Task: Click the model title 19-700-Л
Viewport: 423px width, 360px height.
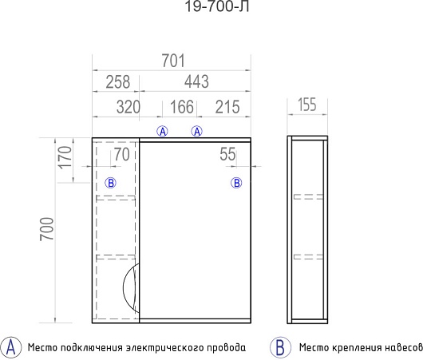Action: pyautogui.click(x=216, y=6)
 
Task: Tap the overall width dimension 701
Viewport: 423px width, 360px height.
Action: pyautogui.click(x=173, y=61)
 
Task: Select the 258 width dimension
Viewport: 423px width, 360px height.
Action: pyautogui.click(x=117, y=81)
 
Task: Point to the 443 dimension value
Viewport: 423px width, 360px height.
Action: pyautogui.click(x=196, y=81)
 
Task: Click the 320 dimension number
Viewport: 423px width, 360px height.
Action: pyautogui.click(x=128, y=107)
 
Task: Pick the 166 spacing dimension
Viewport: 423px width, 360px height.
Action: pyautogui.click(x=182, y=107)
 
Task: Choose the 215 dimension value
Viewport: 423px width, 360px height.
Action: pyautogui.click(x=227, y=107)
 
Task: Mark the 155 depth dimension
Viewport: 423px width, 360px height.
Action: pyautogui.click(x=307, y=105)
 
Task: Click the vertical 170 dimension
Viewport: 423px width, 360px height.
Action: pyautogui.click(x=65, y=157)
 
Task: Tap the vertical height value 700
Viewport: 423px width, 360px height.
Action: pyautogui.click(x=47, y=229)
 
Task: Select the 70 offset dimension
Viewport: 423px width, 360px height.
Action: pyautogui.click(x=122, y=155)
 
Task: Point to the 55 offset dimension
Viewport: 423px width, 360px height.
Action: pyautogui.click(x=227, y=154)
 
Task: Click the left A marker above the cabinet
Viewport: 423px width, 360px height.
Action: pyautogui.click(x=162, y=132)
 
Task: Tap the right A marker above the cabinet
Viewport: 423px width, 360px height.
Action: pyautogui.click(x=197, y=132)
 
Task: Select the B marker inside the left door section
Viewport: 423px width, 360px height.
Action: pyautogui.click(x=111, y=184)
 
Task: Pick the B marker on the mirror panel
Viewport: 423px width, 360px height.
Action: pyautogui.click(x=236, y=184)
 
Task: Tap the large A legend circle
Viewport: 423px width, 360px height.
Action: pyautogui.click(x=10, y=347)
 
